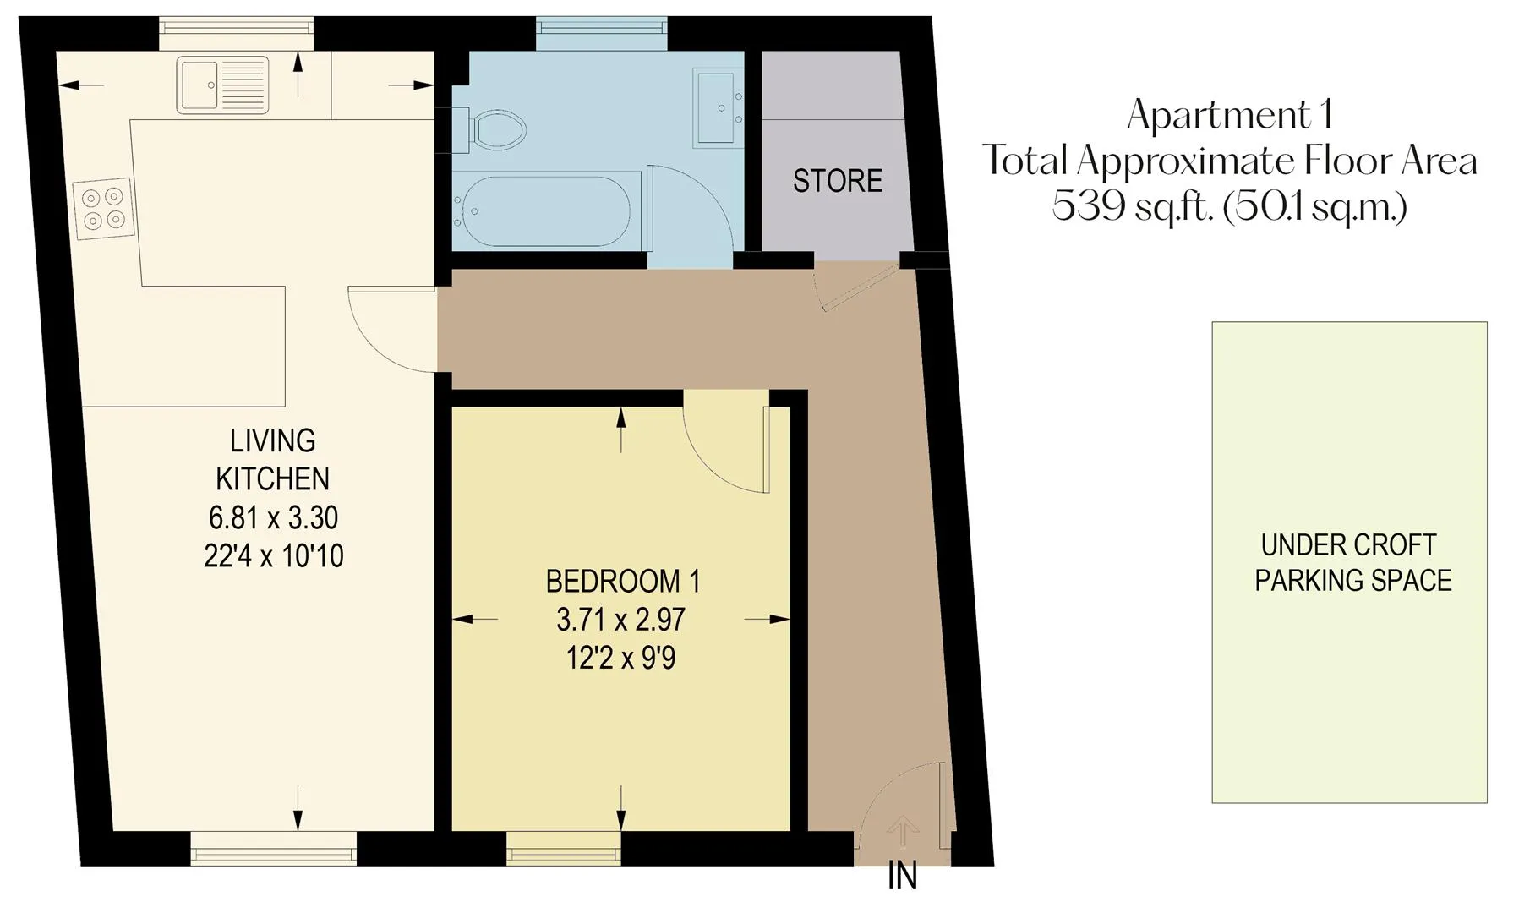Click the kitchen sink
pyautogui.click(x=222, y=85)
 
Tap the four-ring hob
pyautogui.click(x=102, y=208)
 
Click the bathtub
pyautogui.click(x=546, y=210)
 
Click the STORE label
pyautogui.click(x=838, y=181)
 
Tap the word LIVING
pyautogui.click(x=273, y=440)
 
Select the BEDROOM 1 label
pyautogui.click(x=623, y=582)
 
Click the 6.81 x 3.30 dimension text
pyautogui.click(x=273, y=517)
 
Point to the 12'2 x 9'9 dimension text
pyautogui.click(x=621, y=658)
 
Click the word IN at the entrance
pyautogui.click(x=902, y=877)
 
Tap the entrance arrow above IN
pyautogui.click(x=903, y=831)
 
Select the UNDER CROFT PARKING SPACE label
pyautogui.click(x=1352, y=563)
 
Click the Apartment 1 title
pyautogui.click(x=1231, y=115)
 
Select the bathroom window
pyautogui.click(x=601, y=31)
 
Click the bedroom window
pyautogui.click(x=564, y=848)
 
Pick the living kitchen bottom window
pyautogui.click(x=273, y=848)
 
